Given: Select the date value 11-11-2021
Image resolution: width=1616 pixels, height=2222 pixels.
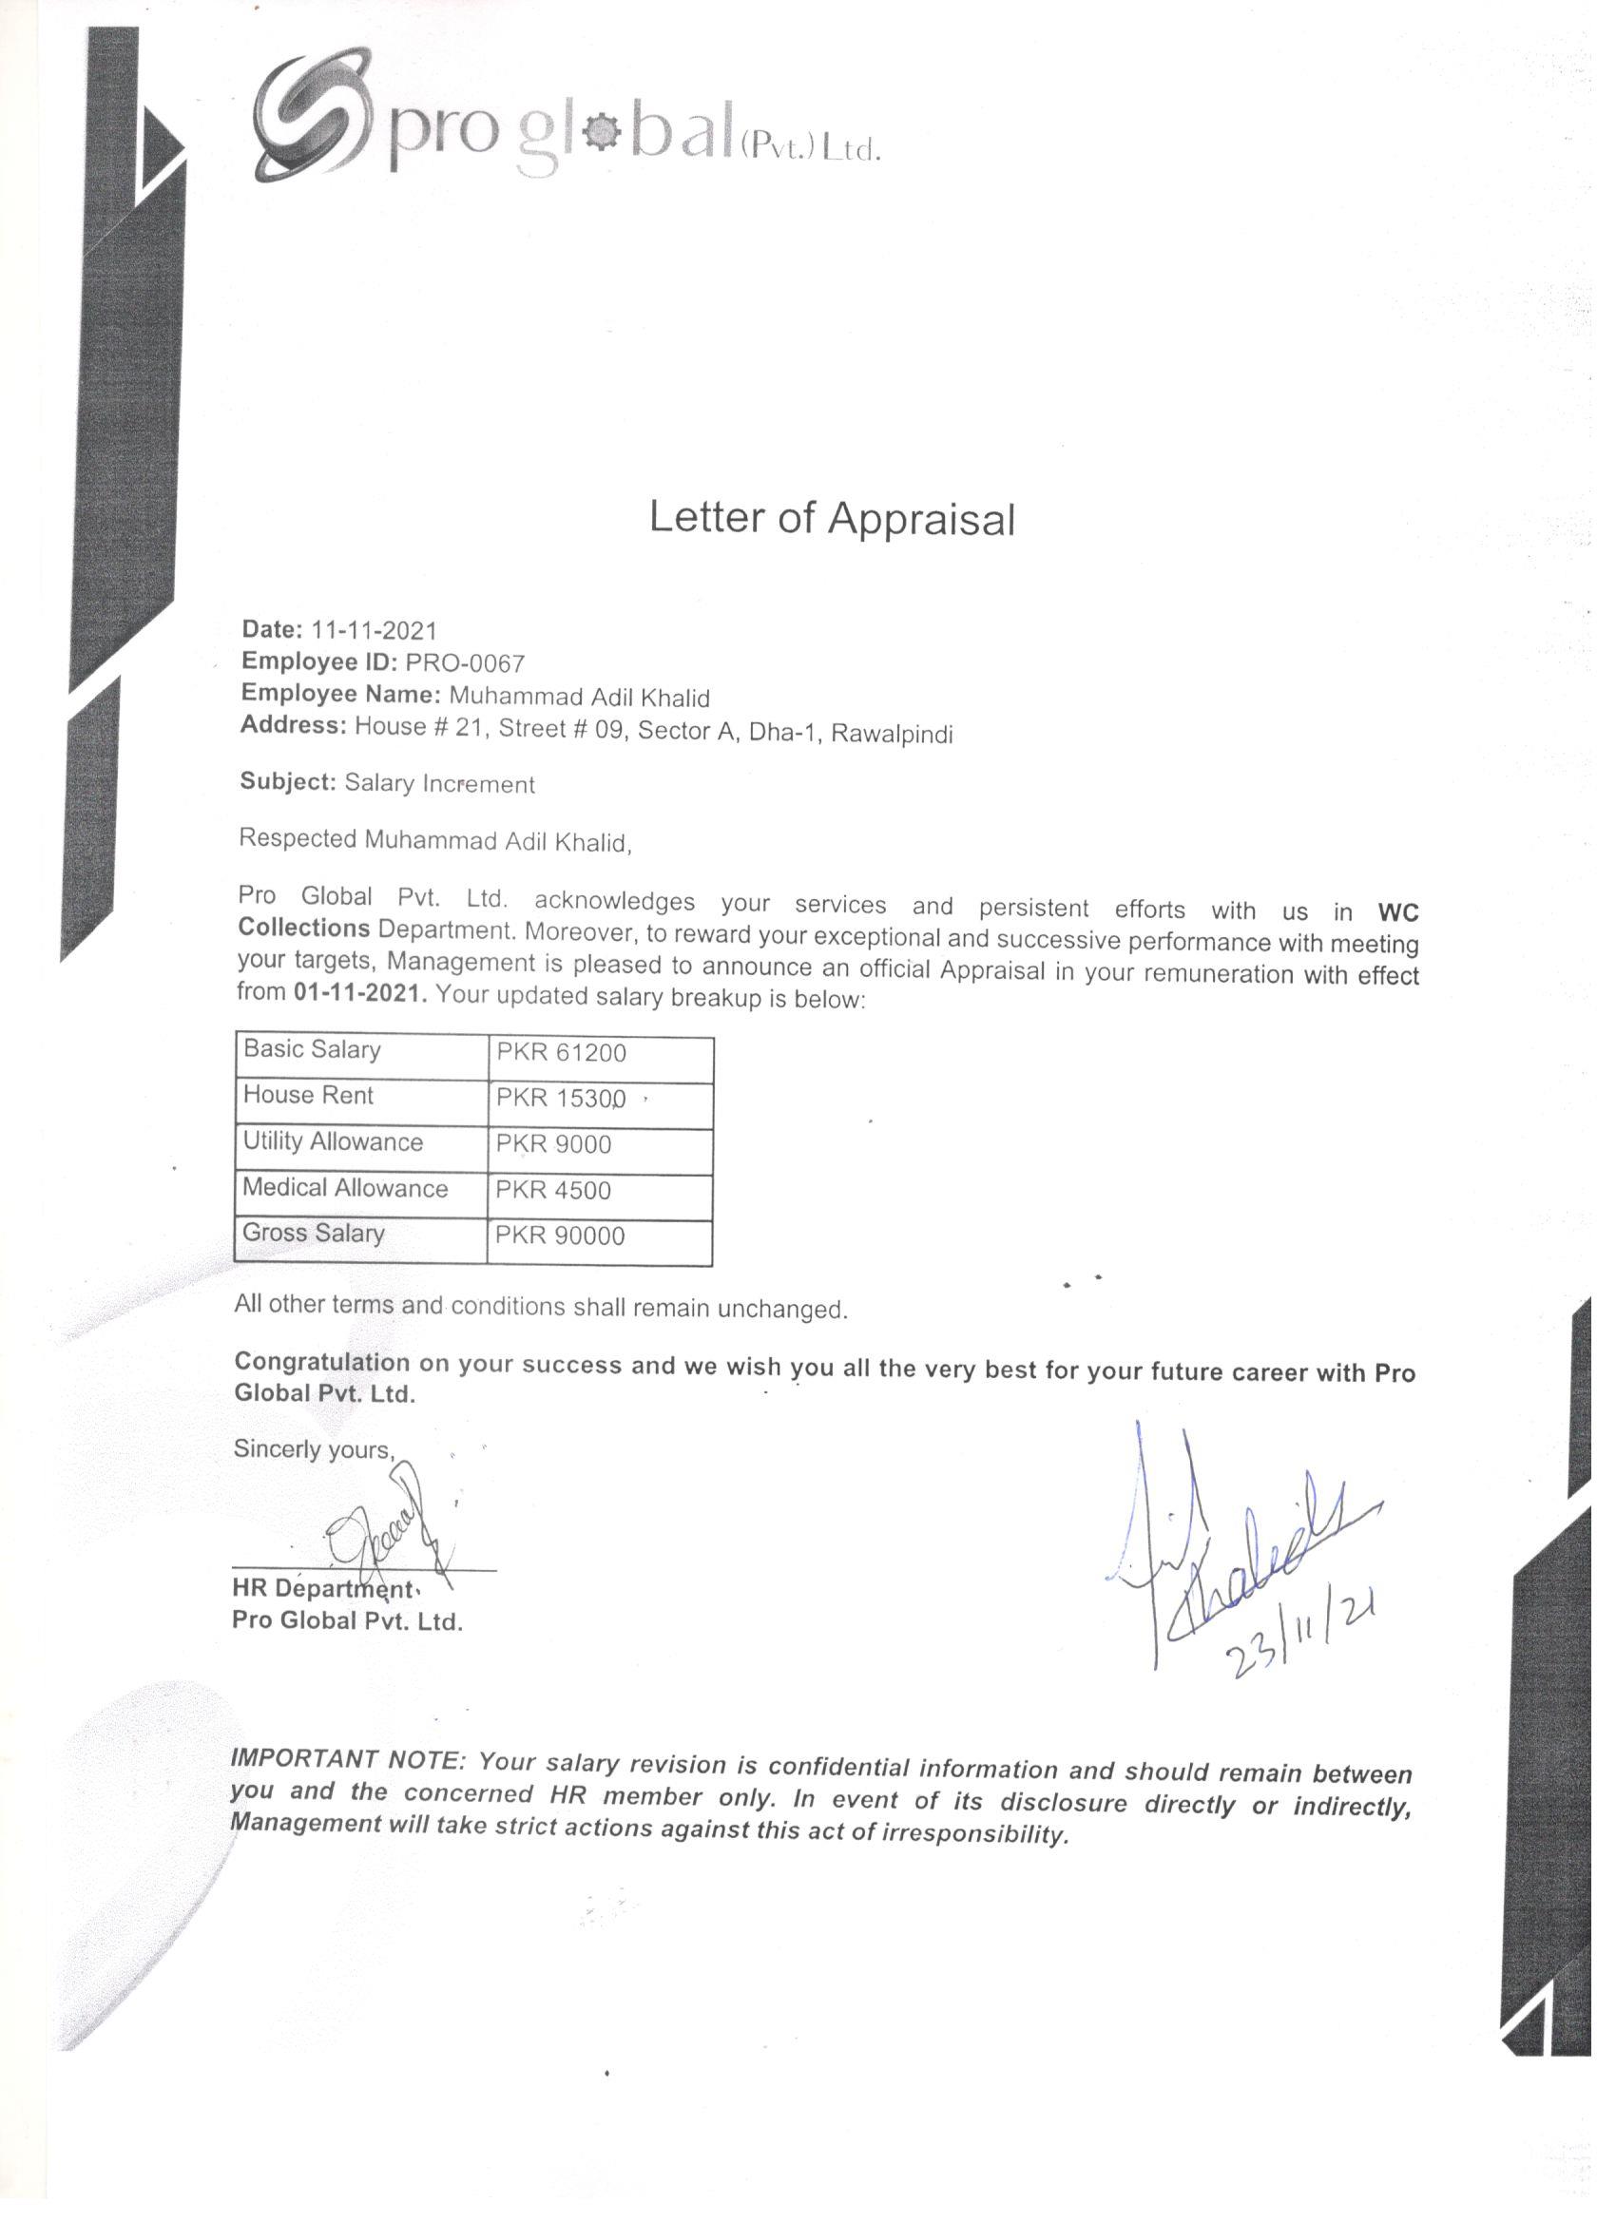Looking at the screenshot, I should pos(374,630).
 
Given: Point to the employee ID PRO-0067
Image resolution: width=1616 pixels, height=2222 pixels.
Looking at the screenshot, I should pos(465,663).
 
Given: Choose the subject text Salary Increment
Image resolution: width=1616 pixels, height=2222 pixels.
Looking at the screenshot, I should pos(439,784).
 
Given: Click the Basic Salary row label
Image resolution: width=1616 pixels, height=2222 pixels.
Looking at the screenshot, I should pos(312,1049).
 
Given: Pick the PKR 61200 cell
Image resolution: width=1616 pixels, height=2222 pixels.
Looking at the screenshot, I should pos(561,1053).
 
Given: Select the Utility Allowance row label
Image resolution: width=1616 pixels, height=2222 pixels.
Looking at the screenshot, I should pos(334,1141).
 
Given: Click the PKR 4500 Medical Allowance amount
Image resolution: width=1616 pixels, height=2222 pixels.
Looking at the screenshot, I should pos(552,1190).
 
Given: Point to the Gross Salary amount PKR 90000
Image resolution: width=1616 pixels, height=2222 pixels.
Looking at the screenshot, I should pos(560,1236).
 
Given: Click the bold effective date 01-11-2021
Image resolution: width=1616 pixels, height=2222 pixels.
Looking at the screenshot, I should pos(359,992).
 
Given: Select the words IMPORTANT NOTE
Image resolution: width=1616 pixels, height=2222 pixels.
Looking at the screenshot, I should pos(346,1758).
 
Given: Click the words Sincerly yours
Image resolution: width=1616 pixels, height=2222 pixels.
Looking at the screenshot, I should pos(314,1449).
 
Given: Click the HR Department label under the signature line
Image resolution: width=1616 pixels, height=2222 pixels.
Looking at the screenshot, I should pos(322,1588).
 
